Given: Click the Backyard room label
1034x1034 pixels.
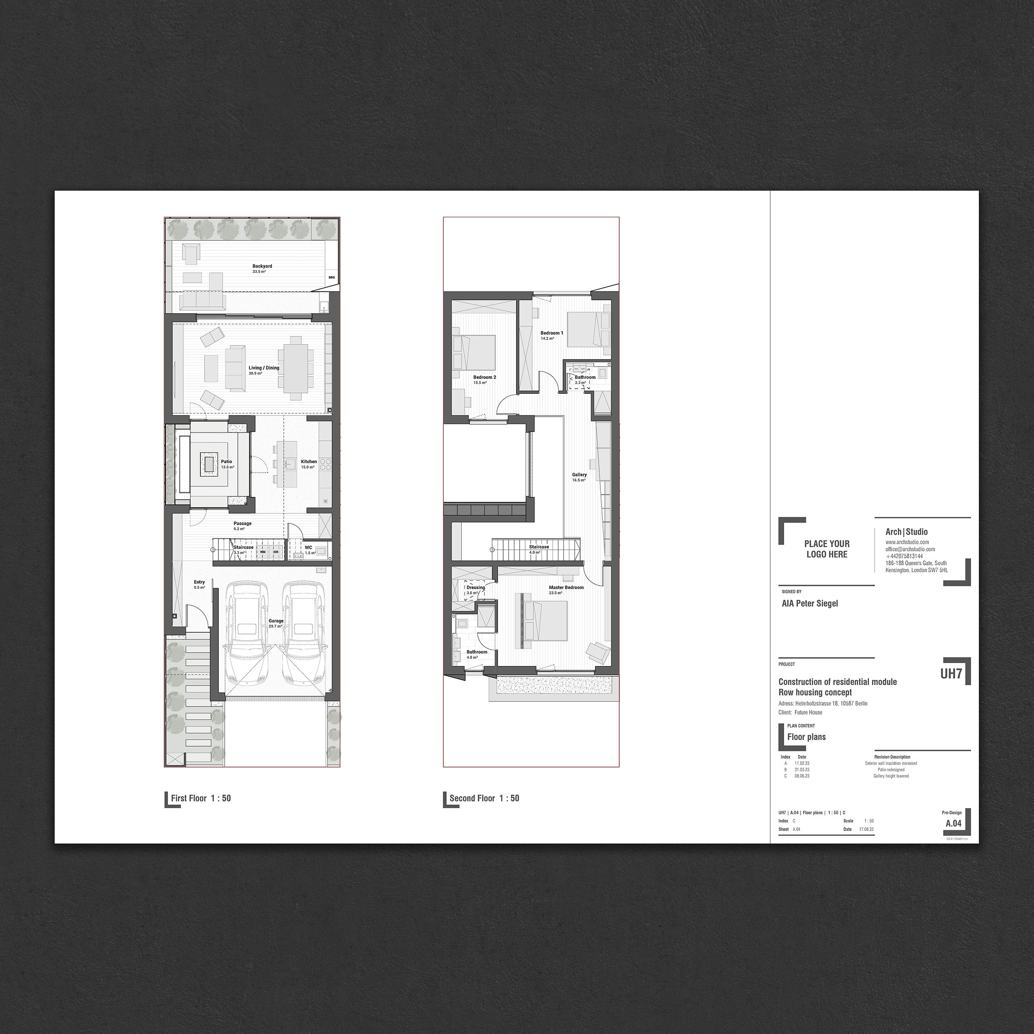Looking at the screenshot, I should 262,266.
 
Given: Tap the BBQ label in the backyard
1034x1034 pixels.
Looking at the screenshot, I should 331,277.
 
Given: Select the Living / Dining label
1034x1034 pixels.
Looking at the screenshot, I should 264,368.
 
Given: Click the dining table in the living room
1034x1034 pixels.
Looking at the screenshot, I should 296,368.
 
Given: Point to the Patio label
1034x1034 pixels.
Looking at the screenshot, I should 226,461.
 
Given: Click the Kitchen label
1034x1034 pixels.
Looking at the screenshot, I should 309,461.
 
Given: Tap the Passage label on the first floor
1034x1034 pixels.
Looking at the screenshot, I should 243,523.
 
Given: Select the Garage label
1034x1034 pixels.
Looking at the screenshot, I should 276,621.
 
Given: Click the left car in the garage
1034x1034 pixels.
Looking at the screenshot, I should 248,634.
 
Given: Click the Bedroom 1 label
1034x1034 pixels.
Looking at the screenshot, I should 552,333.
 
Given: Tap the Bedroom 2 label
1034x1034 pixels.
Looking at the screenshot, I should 484,377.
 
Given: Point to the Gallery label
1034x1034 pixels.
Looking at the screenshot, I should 579,475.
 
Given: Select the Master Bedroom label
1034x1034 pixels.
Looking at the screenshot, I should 566,587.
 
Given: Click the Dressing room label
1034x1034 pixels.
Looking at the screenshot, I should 475,588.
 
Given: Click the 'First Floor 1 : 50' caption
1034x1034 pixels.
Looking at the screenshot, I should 201,798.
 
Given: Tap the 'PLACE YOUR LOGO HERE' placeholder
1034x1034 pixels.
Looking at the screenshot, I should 826,548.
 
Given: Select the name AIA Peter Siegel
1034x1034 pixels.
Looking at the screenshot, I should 810,603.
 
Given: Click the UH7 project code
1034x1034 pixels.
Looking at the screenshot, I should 951,673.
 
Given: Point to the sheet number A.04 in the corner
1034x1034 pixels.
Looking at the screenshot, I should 953,823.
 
